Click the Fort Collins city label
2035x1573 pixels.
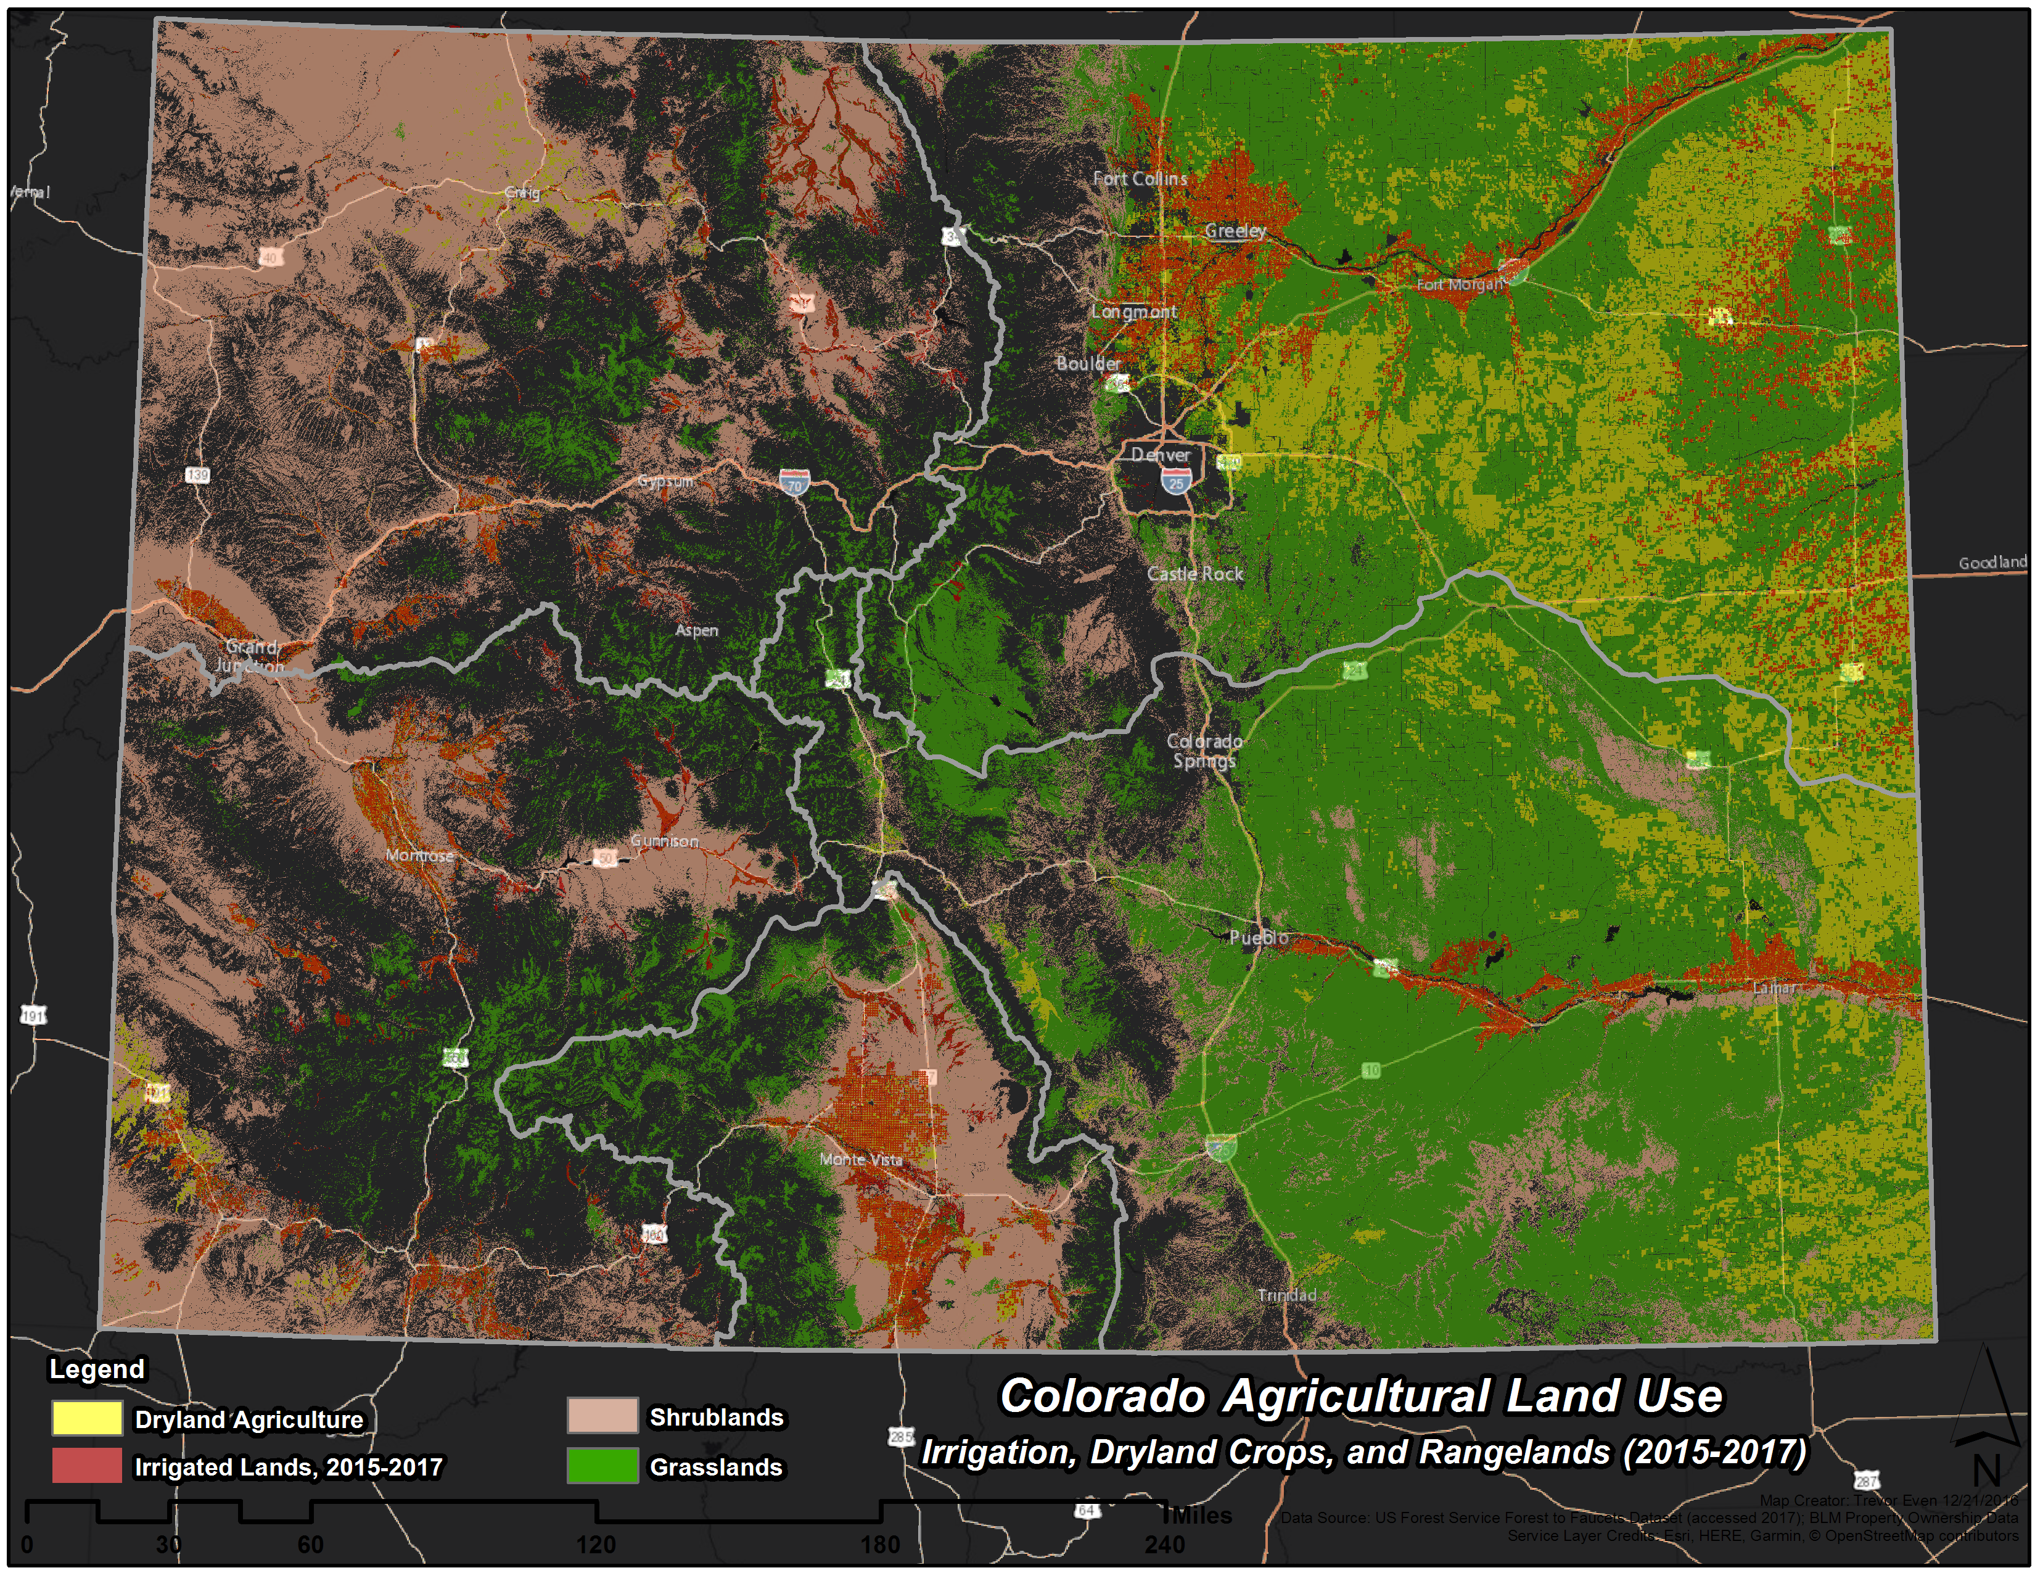pyautogui.click(x=1140, y=178)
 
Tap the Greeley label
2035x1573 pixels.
pyautogui.click(x=1236, y=230)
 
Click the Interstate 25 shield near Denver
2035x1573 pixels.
pyautogui.click(x=1176, y=482)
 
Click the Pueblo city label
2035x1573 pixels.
pyautogui.click(x=1259, y=938)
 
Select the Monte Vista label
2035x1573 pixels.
pyautogui.click(x=861, y=1159)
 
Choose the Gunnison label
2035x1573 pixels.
pyautogui.click(x=664, y=841)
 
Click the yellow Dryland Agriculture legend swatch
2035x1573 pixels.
pyautogui.click(x=87, y=1418)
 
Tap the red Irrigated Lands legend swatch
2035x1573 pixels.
pyautogui.click(x=87, y=1465)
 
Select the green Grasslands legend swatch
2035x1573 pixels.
pyautogui.click(x=602, y=1465)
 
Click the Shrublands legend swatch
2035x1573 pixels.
pyautogui.click(x=602, y=1416)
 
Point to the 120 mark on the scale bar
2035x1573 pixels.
pyautogui.click(x=596, y=1544)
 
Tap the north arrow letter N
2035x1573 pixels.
pyautogui.click(x=1986, y=1471)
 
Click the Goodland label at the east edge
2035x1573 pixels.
pyautogui.click(x=1992, y=562)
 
